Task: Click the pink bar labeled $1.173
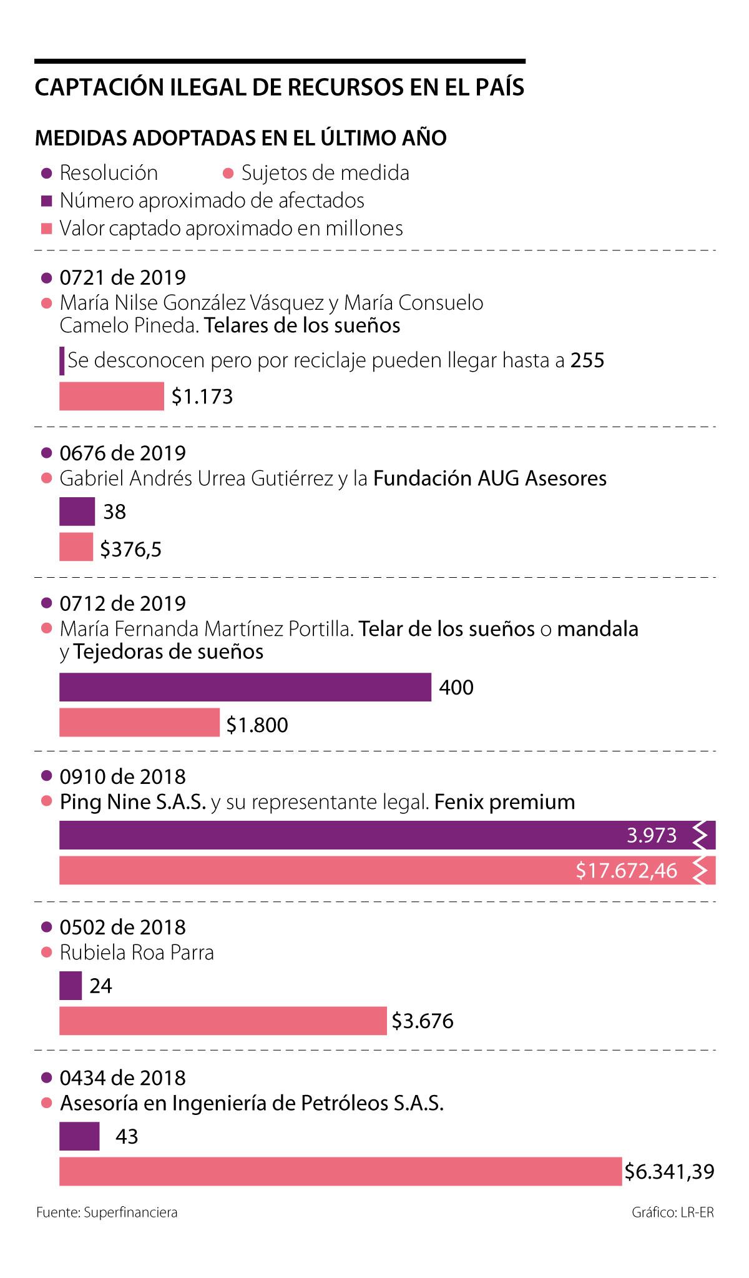(111, 396)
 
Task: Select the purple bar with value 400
(245, 687)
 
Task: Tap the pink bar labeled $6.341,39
(341, 1171)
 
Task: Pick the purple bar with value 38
(77, 512)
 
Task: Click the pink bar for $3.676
(223, 1021)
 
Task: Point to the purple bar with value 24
(71, 986)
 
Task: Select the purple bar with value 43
(79, 1136)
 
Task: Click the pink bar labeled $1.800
(139, 723)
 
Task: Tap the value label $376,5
(131, 550)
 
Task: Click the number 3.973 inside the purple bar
(652, 835)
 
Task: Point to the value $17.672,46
(626, 871)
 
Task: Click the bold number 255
(587, 360)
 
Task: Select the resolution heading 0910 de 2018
(122, 776)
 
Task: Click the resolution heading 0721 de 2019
(122, 277)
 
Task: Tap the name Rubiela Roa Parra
(137, 953)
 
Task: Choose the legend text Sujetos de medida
(325, 173)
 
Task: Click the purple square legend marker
(46, 201)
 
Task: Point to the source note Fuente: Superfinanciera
(107, 1212)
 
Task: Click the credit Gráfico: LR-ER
(672, 1212)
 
